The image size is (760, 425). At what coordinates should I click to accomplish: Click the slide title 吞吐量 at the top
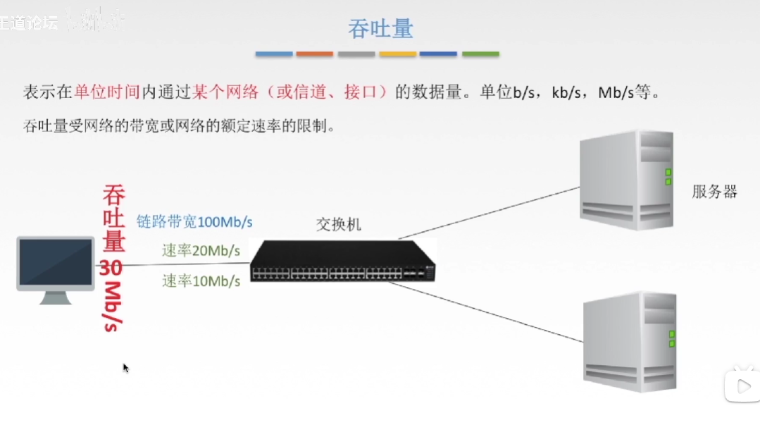coord(380,29)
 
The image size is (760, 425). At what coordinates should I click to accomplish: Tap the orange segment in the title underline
coord(314,54)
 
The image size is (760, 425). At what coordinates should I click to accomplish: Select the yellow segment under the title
coord(397,54)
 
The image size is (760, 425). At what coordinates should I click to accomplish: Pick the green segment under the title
coord(480,54)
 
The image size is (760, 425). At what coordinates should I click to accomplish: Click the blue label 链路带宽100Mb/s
coord(194,221)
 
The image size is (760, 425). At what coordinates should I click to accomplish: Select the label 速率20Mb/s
coord(201,250)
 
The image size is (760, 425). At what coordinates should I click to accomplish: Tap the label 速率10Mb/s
coord(201,281)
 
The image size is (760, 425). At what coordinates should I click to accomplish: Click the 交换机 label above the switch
coord(338,224)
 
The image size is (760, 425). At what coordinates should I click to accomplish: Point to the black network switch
coord(343,261)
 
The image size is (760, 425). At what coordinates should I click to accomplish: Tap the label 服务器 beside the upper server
coord(714,192)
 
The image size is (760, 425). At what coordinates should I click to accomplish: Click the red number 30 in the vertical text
coord(111,268)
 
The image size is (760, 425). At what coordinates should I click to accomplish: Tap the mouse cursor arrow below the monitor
coord(125,367)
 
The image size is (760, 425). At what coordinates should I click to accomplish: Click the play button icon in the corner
coord(742,386)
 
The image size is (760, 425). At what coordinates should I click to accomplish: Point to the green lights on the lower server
coord(672,339)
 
